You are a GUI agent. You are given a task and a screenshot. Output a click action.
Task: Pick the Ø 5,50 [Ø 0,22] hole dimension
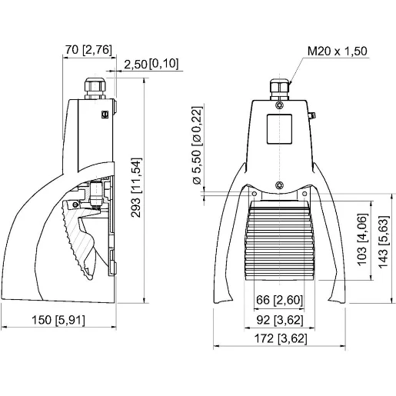point(197,146)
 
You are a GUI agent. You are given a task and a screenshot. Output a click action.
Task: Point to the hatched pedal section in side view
point(77,235)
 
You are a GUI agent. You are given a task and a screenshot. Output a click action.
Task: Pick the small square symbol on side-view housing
point(105,114)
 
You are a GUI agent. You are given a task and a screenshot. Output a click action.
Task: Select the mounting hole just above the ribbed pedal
point(280,183)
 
